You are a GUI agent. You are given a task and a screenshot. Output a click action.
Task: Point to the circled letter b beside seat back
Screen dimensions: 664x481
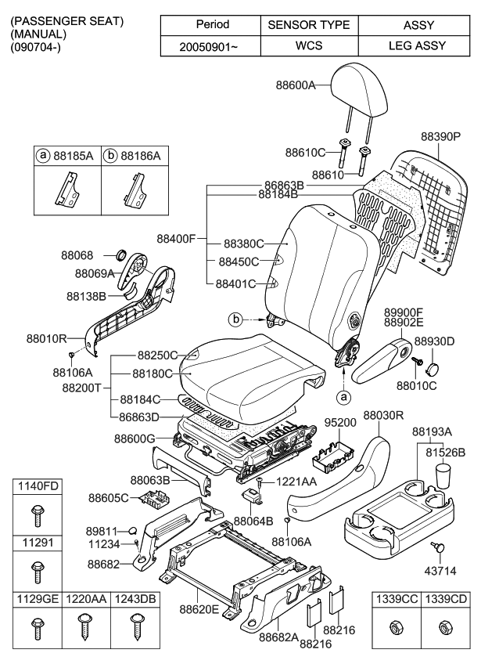tap(235, 319)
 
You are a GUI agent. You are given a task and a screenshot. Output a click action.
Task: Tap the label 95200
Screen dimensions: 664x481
tap(338, 422)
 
